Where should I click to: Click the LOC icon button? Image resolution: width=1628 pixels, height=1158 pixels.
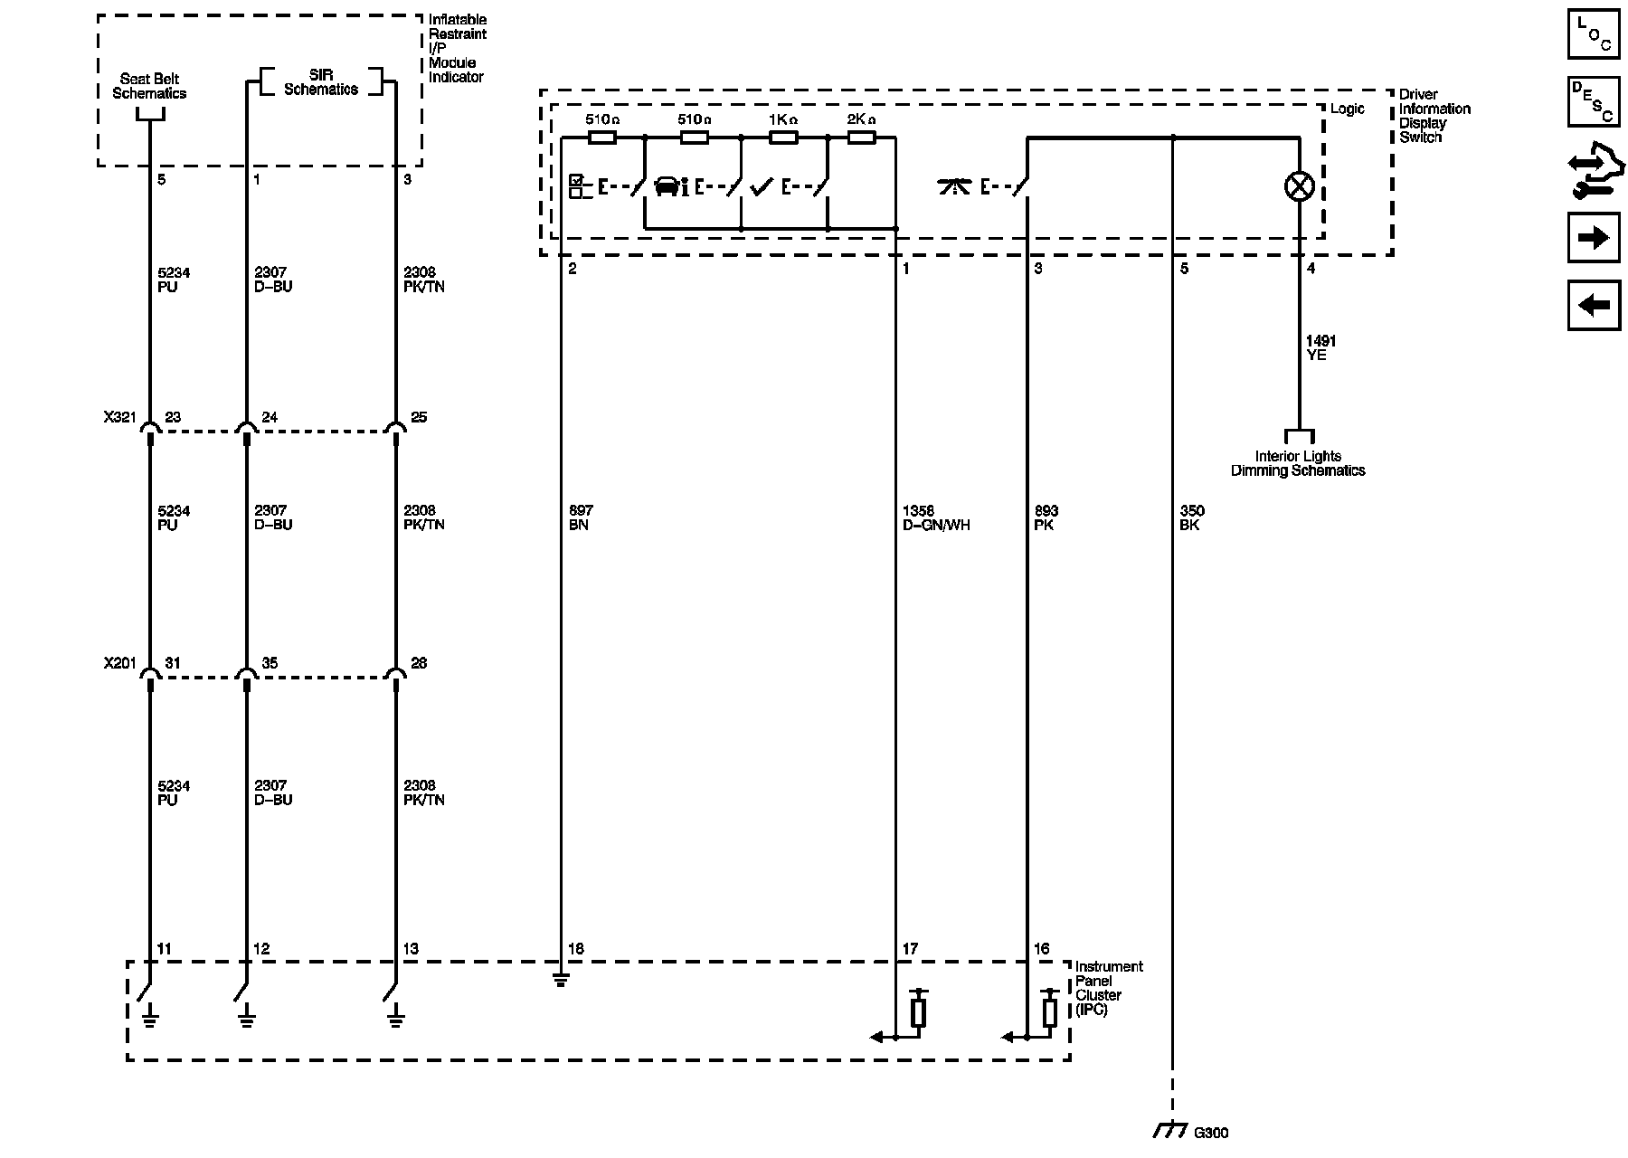(1593, 33)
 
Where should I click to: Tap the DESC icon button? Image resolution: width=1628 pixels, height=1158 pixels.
(1593, 101)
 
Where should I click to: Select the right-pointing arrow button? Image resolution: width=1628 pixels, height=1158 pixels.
(1593, 238)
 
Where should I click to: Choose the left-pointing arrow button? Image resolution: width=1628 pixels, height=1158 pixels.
(1593, 305)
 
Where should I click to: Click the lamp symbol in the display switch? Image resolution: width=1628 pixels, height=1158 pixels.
(1300, 187)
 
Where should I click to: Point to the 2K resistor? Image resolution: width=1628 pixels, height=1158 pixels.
(860, 138)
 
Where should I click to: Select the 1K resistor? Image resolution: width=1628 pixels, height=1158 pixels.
(782, 138)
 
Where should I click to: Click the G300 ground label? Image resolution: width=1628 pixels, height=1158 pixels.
(1211, 1133)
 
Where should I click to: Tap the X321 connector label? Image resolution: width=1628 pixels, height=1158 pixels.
(119, 417)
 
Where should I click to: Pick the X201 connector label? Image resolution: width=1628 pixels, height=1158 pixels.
(119, 663)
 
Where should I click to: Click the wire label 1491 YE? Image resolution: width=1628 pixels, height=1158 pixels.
(1320, 348)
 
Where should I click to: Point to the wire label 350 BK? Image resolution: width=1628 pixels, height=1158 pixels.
(1192, 517)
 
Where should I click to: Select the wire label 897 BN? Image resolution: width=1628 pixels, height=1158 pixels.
(581, 517)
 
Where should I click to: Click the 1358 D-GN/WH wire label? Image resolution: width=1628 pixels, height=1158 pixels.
(936, 517)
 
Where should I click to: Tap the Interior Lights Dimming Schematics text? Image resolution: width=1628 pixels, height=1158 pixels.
(1298, 463)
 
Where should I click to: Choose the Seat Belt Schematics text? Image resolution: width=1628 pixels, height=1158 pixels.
(149, 86)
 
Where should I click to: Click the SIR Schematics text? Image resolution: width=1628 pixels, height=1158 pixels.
(321, 82)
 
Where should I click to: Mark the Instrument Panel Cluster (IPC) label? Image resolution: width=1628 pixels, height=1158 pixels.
(1109, 988)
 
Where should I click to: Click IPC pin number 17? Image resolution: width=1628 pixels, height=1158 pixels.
(910, 949)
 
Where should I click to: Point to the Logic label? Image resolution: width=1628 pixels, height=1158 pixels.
(1348, 109)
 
